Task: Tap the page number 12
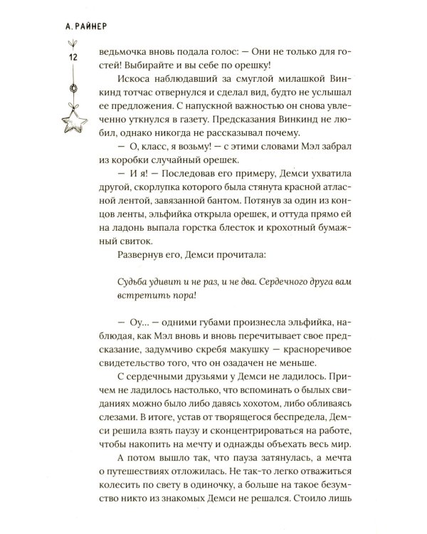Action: click(x=72, y=58)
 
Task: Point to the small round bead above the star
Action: click(x=73, y=89)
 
